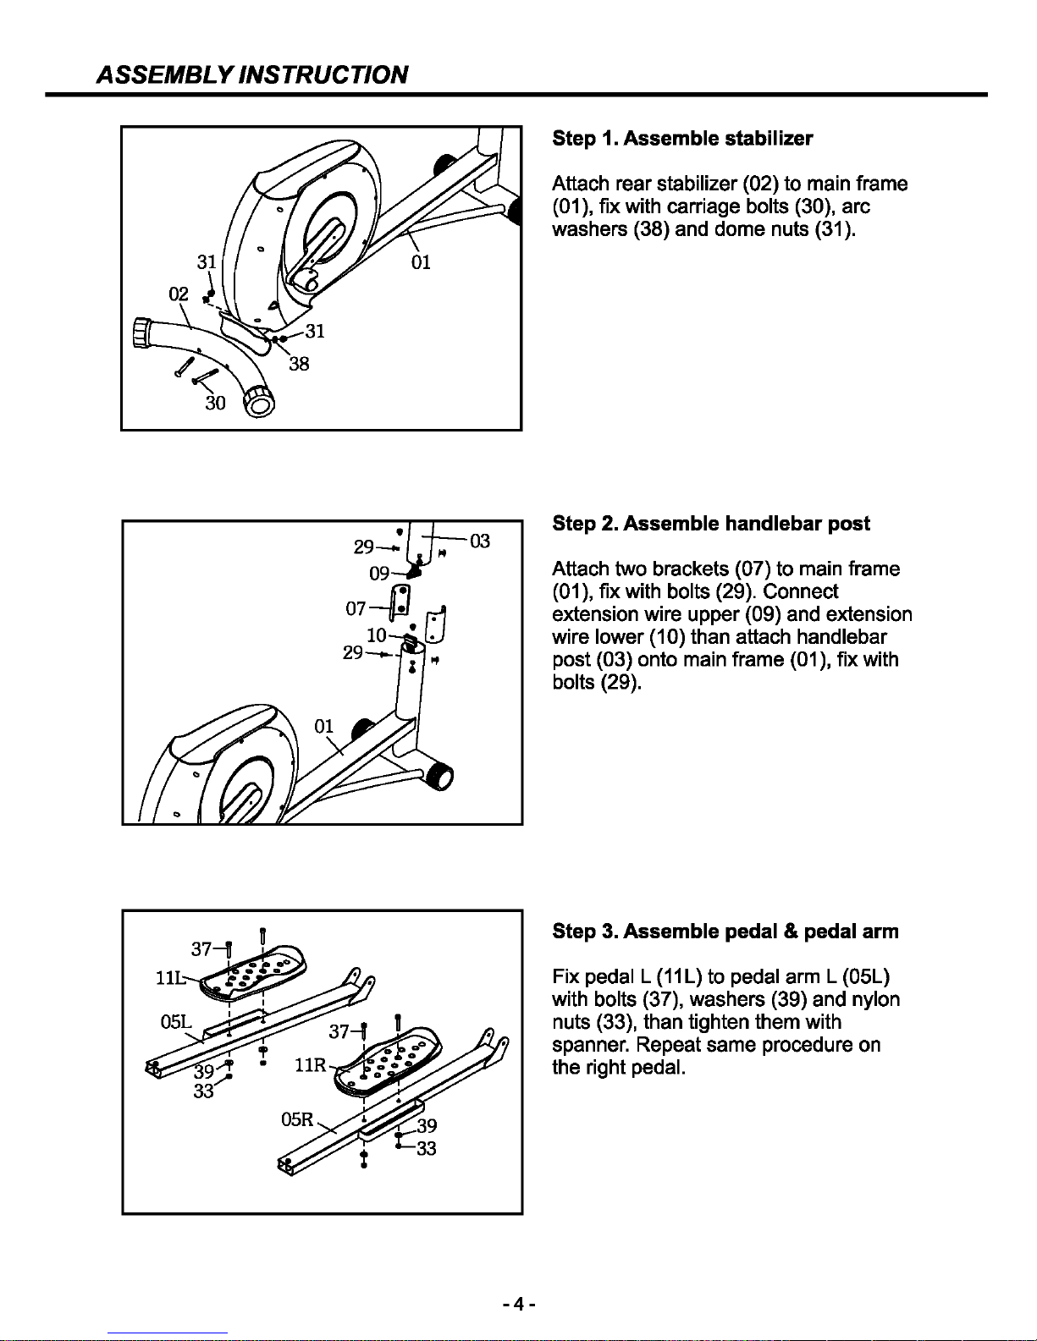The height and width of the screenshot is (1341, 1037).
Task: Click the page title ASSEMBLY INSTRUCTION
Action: [253, 74]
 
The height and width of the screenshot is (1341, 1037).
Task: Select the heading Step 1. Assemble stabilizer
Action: [682, 138]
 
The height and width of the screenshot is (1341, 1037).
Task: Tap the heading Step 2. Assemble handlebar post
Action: [710, 524]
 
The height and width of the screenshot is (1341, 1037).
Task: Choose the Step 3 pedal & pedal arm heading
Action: [725, 932]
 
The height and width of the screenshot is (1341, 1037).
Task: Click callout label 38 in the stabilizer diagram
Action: [299, 365]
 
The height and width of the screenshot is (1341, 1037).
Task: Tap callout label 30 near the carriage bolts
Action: [216, 404]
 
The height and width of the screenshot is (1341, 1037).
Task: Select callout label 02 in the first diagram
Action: [178, 294]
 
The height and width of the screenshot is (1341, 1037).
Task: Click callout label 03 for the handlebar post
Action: [479, 541]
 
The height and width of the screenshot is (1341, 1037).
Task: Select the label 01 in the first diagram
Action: [421, 262]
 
